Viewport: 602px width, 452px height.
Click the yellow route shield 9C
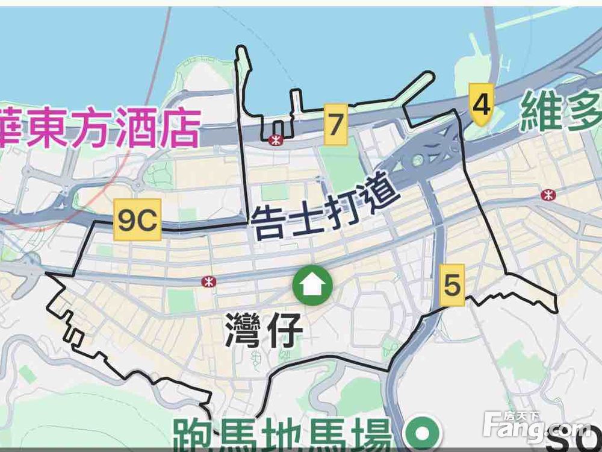pos(137,220)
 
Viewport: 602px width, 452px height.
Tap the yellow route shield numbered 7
pos(336,125)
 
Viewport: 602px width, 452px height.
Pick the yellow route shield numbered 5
pos(452,284)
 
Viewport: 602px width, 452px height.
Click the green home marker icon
pos(312,285)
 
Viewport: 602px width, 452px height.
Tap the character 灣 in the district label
pos(243,330)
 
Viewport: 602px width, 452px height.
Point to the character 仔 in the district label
pos(282,330)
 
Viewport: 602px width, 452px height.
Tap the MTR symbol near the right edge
pos(548,194)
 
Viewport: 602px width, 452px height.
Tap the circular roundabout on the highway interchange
pos(417,160)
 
